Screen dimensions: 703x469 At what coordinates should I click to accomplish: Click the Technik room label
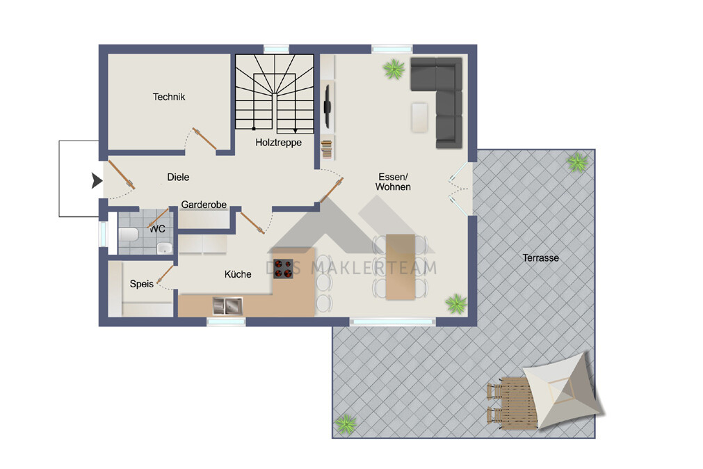tap(168, 97)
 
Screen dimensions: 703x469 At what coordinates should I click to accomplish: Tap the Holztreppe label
tap(278, 143)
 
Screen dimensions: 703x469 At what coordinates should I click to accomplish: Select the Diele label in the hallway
tap(178, 177)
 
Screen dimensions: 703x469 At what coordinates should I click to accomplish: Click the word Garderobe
tap(204, 205)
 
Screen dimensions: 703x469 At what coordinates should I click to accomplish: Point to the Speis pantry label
tap(142, 284)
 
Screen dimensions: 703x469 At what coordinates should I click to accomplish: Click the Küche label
tap(238, 274)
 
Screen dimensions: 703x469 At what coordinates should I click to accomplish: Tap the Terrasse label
tap(541, 258)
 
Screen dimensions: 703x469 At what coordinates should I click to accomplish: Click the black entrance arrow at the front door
tap(97, 180)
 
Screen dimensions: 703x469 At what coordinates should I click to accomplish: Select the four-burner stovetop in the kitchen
tap(283, 269)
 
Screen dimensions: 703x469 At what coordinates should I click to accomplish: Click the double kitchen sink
tap(227, 306)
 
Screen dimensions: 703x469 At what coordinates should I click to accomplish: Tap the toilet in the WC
tap(128, 234)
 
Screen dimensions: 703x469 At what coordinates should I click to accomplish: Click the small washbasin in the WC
tap(165, 247)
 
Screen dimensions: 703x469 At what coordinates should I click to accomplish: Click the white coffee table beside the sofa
tap(420, 118)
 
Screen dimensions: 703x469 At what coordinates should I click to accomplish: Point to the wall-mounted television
tap(328, 106)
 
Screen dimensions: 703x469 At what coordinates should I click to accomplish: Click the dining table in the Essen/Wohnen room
tap(401, 267)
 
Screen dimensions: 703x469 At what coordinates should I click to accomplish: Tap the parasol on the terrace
tap(563, 390)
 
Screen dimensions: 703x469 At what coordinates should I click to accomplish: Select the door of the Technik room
tap(204, 138)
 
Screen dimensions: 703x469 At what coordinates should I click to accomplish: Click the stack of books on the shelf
tap(327, 149)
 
